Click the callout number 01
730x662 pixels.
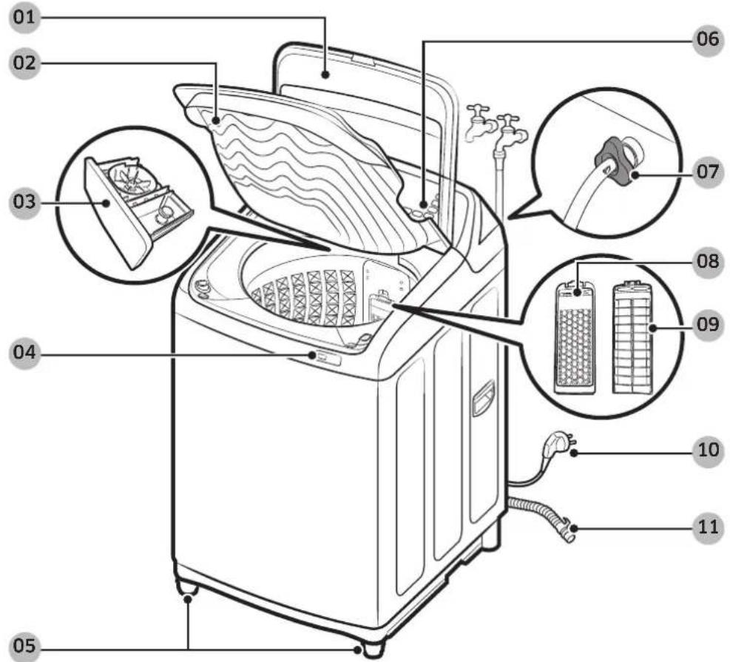24,18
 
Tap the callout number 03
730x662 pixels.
24,203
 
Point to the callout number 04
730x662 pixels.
24,353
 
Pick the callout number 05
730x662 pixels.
24,646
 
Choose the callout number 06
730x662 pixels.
708,39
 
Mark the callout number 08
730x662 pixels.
708,262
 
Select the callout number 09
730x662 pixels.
708,325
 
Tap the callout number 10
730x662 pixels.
708,450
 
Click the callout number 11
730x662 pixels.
708,528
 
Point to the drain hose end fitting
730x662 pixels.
568,529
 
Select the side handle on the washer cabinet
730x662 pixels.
483,397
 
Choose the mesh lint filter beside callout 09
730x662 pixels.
632,337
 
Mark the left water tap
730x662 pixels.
479,123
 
